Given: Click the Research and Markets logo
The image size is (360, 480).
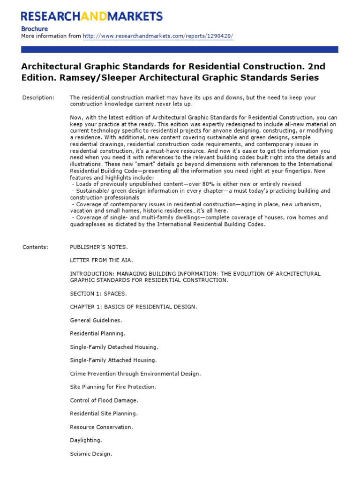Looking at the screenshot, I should [92, 16].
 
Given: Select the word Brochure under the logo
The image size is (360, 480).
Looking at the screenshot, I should [34, 29].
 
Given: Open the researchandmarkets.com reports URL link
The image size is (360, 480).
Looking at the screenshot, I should [158, 36].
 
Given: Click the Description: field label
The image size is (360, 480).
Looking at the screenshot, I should [38, 97].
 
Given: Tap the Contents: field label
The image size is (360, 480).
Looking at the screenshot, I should [36, 247].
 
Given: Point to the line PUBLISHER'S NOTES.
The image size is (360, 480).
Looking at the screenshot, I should [98, 247].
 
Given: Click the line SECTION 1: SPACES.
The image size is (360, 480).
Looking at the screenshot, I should [98, 293].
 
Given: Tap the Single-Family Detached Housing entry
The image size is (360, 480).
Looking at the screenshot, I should [114, 347].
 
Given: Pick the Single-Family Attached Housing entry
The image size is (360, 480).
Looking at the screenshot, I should [113, 360].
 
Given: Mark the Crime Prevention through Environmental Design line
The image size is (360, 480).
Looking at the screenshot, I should [135, 374].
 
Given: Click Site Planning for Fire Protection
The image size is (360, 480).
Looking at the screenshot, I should [113, 387].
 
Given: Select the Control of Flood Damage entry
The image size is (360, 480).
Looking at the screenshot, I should [104, 400].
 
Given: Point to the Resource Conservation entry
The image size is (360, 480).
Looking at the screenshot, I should [101, 427].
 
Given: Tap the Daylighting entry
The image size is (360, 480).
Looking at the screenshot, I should [86, 440].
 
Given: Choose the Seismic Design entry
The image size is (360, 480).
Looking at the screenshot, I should [91, 454].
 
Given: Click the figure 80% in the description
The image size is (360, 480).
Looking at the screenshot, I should [205, 184].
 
